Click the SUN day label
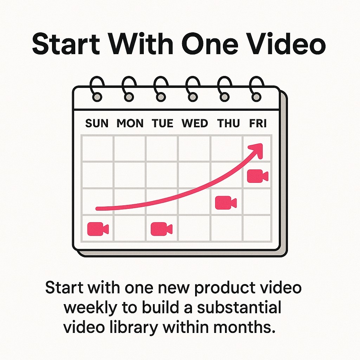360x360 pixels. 97,123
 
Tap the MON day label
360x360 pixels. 130,123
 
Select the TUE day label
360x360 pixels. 162,123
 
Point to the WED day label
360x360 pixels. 194,123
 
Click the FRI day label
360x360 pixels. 258,123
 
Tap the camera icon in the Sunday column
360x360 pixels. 98,229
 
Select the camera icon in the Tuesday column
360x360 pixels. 161,229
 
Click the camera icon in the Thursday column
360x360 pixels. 226,202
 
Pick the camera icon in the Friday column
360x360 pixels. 257,176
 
